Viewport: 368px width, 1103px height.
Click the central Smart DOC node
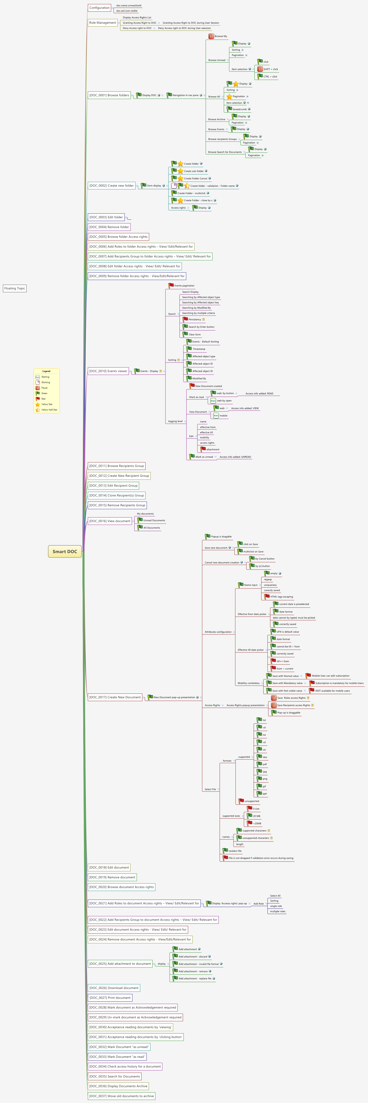65,551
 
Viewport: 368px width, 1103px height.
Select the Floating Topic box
15,289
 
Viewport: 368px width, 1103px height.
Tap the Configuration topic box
99,8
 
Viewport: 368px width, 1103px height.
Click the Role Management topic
102,23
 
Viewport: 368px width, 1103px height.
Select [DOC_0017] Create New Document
115,697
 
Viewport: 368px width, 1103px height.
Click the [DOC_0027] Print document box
110,998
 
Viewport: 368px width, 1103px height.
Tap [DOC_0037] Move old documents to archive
121,1096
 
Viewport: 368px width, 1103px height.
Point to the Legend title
46,371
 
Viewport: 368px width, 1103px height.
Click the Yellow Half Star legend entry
49,410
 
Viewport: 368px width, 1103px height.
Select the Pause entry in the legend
44,388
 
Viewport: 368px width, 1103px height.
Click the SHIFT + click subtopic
270,69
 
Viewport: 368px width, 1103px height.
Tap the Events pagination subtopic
184,286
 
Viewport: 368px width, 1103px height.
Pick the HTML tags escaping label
281,596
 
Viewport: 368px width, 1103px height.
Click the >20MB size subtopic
257,823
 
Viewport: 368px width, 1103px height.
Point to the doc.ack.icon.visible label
127,11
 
